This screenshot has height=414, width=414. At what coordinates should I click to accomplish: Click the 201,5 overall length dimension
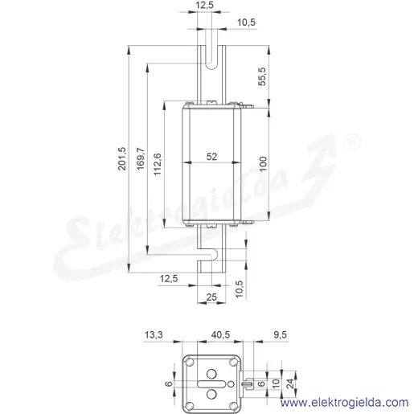122,158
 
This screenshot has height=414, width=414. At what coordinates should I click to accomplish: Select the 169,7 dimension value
141,158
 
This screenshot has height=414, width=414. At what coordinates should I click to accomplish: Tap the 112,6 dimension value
158,164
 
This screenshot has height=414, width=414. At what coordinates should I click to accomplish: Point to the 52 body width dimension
211,157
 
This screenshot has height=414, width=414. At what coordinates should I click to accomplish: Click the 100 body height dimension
263,164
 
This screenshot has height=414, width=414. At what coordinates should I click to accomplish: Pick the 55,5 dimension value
262,76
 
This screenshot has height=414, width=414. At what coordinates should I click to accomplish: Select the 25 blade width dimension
211,297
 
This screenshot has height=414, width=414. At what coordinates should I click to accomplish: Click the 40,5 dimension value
220,334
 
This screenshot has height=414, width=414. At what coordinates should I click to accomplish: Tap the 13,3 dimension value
154,334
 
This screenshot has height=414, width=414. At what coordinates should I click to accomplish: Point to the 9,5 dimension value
281,334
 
